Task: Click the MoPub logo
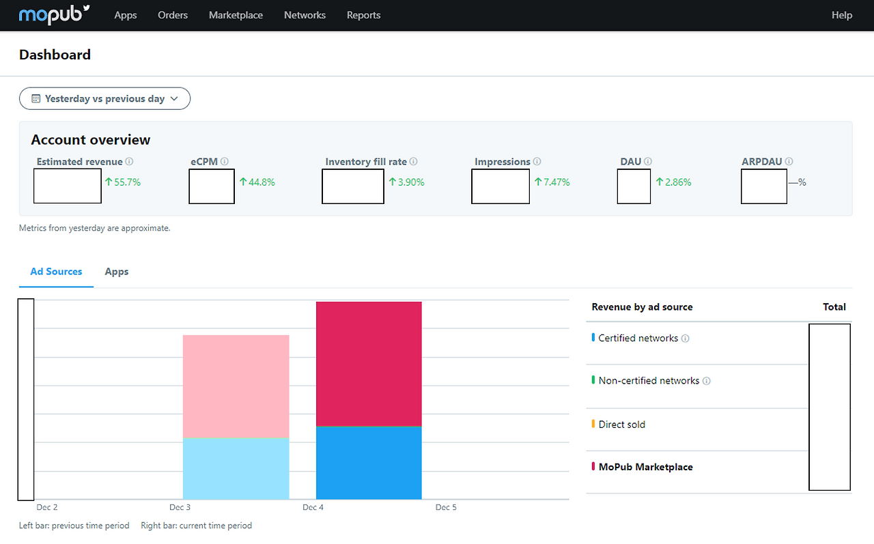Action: point(54,15)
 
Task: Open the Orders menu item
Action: point(173,15)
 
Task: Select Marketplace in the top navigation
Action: point(236,15)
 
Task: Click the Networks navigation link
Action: point(305,15)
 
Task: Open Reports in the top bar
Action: point(363,15)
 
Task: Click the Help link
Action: point(842,15)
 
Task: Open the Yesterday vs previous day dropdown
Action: point(104,99)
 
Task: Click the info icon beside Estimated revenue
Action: point(129,162)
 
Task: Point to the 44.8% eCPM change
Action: point(257,182)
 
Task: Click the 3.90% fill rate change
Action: point(406,182)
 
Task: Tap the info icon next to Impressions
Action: point(537,162)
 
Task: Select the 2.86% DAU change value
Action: point(673,182)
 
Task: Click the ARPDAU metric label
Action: point(761,162)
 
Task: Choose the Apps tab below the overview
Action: point(116,272)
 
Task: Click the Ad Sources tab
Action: point(56,272)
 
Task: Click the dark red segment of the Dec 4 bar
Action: point(369,364)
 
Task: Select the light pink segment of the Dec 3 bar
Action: point(236,386)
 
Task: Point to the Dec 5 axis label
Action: point(446,507)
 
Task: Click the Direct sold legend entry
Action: point(621,425)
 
